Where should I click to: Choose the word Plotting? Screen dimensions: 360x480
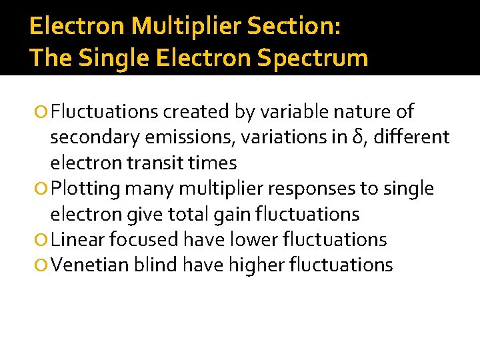85,189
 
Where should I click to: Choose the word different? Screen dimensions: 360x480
411,137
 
